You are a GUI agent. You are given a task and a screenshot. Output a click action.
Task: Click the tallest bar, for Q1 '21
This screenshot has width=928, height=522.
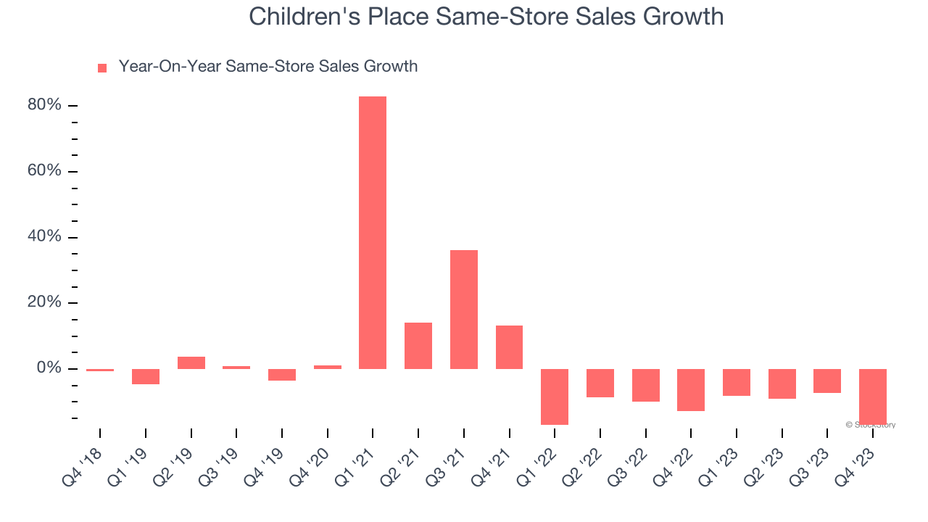(373, 232)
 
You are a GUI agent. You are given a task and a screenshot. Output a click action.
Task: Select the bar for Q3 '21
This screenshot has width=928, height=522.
(464, 309)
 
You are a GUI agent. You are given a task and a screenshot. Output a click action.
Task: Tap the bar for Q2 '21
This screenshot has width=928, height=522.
(418, 345)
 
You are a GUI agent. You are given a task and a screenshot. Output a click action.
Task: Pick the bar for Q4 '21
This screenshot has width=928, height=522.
(509, 347)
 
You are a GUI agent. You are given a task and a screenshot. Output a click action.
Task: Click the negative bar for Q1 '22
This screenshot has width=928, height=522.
(555, 397)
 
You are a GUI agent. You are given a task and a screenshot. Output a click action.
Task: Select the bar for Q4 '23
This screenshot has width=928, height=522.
(872, 396)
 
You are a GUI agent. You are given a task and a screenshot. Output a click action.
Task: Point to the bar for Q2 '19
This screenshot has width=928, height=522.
(191, 362)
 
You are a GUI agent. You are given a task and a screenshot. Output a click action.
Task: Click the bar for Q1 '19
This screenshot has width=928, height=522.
(146, 376)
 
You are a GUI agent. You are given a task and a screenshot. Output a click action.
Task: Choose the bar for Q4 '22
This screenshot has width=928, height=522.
(691, 389)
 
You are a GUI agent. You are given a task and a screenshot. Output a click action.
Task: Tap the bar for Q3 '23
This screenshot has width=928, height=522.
(827, 381)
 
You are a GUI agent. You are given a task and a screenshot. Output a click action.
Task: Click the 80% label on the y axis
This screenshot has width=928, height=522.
(44, 106)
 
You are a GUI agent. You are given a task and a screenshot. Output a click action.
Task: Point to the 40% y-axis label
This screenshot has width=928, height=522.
(44, 237)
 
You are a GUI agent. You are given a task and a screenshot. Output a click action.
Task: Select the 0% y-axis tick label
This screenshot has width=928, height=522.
(49, 368)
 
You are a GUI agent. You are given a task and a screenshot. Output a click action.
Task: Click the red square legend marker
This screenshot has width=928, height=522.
(102, 67)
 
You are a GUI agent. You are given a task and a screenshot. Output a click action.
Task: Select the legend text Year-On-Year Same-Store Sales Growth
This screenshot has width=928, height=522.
(268, 67)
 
